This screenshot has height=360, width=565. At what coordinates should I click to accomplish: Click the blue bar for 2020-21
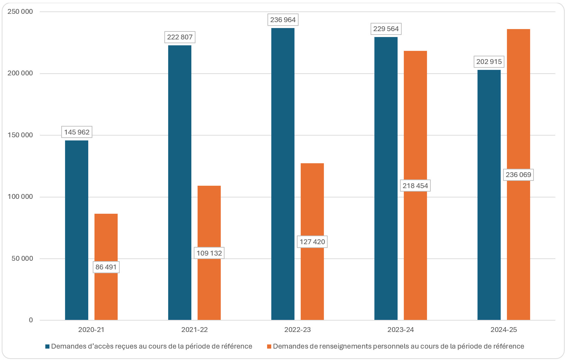coord(76,230)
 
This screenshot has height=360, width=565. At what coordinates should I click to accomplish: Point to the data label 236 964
coord(283,20)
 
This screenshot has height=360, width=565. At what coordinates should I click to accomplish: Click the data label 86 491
coord(106,267)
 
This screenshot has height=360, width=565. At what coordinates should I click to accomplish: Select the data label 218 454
coord(415,186)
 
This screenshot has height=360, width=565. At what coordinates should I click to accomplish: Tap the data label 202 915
coord(489,62)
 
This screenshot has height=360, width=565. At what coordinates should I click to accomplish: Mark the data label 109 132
coord(209,253)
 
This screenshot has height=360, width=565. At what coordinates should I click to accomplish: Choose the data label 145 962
coord(76,132)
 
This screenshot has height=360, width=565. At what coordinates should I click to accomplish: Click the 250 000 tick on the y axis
coord(20,12)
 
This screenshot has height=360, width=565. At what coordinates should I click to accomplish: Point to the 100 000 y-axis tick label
coord(20,197)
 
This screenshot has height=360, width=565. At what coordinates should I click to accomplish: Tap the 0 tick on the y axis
coord(31,320)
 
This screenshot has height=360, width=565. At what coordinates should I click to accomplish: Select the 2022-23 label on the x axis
coord(297,330)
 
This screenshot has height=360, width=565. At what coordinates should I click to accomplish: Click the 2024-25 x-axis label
coord(503,330)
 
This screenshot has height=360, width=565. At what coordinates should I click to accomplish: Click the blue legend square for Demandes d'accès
coord(47,347)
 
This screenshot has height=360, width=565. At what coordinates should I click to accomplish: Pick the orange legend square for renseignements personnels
coord(269,347)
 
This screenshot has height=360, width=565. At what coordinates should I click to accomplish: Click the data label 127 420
coord(312,242)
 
